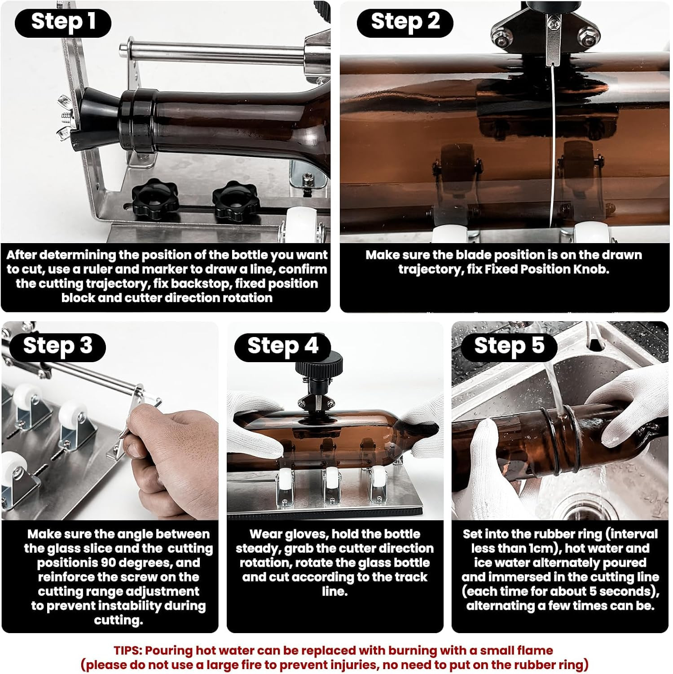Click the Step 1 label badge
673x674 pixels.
[x=63, y=22]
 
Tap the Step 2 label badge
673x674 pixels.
[x=405, y=22]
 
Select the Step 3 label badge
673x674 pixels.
[x=57, y=346]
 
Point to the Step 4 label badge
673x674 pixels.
[x=282, y=346]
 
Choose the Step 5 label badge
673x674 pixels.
[x=509, y=346]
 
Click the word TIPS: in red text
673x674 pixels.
[x=128, y=650]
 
